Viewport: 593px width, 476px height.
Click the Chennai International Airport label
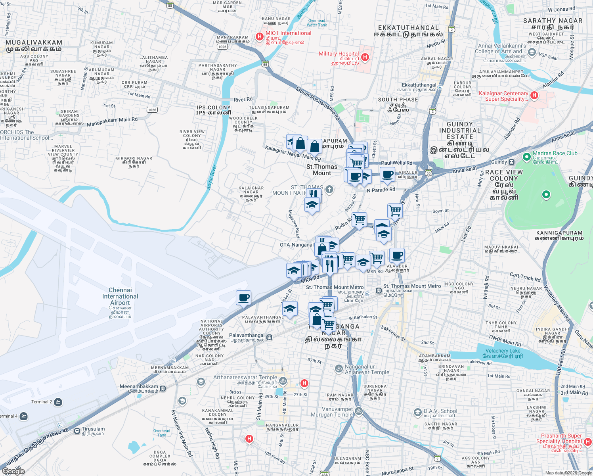120,296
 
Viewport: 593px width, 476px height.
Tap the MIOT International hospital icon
260,36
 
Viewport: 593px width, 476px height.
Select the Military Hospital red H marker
365,57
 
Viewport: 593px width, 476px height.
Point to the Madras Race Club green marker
526,157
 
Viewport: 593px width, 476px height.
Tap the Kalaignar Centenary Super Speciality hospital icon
534,95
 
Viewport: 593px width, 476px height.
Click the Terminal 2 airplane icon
58,402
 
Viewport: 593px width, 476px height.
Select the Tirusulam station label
93,429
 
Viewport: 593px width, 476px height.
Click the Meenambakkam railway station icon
163,388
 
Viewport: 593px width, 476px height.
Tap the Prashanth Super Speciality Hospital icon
588,441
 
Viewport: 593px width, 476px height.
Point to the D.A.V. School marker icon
417,413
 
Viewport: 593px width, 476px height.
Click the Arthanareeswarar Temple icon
283,381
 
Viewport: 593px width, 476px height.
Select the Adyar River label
212,177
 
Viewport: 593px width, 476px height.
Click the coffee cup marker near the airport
243,298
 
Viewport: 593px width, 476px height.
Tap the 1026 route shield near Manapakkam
222,47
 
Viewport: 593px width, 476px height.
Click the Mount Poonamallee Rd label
318,104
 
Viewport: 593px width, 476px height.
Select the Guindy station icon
512,162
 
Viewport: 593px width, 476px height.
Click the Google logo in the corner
13,471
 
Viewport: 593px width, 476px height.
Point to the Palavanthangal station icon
270,337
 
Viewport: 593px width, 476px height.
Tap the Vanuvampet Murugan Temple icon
359,411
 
